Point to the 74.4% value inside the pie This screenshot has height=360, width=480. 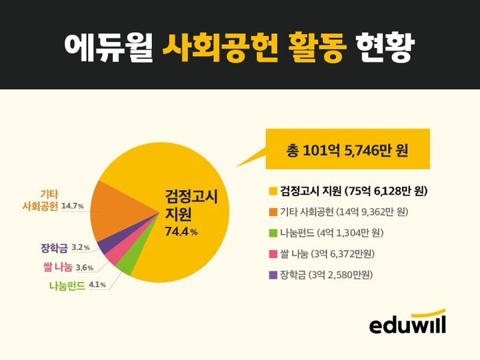(x=181, y=232)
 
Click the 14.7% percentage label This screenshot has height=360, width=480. (x=73, y=206)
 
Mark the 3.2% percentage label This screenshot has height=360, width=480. (x=80, y=248)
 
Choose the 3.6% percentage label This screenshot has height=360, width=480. (x=85, y=268)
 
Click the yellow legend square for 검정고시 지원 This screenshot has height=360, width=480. (x=272, y=192)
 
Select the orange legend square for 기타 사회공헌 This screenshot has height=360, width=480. (x=272, y=212)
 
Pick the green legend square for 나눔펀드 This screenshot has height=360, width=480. (x=272, y=233)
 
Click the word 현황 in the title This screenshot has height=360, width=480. (x=385, y=45)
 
